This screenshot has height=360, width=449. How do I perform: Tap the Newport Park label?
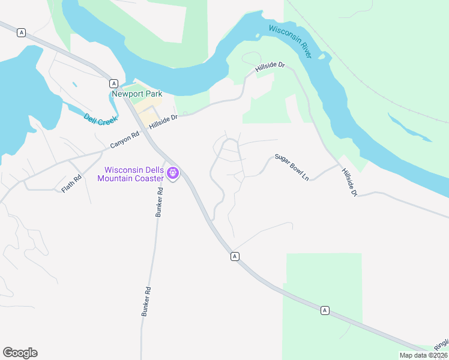tap(137, 94)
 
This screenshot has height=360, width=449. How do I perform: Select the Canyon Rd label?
tap(125, 140)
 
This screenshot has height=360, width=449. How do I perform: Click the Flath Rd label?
tap(71, 183)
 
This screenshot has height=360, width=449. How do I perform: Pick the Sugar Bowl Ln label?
tap(292, 167)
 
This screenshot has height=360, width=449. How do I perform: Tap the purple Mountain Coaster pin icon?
tap(173, 174)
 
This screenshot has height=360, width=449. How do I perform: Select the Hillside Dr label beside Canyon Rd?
tap(164, 122)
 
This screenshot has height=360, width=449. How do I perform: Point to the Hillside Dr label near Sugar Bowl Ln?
tap(349, 182)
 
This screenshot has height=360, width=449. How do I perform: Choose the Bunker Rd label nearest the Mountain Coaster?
tap(160, 202)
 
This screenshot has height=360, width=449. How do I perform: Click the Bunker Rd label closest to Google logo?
tap(146, 301)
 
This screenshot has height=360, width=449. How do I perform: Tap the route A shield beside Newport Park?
tap(113, 83)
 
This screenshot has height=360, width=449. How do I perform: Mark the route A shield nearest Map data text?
tap(325, 310)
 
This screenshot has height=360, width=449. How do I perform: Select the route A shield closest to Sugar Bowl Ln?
tap(235, 256)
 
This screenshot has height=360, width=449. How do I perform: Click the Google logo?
tap(20, 353)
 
